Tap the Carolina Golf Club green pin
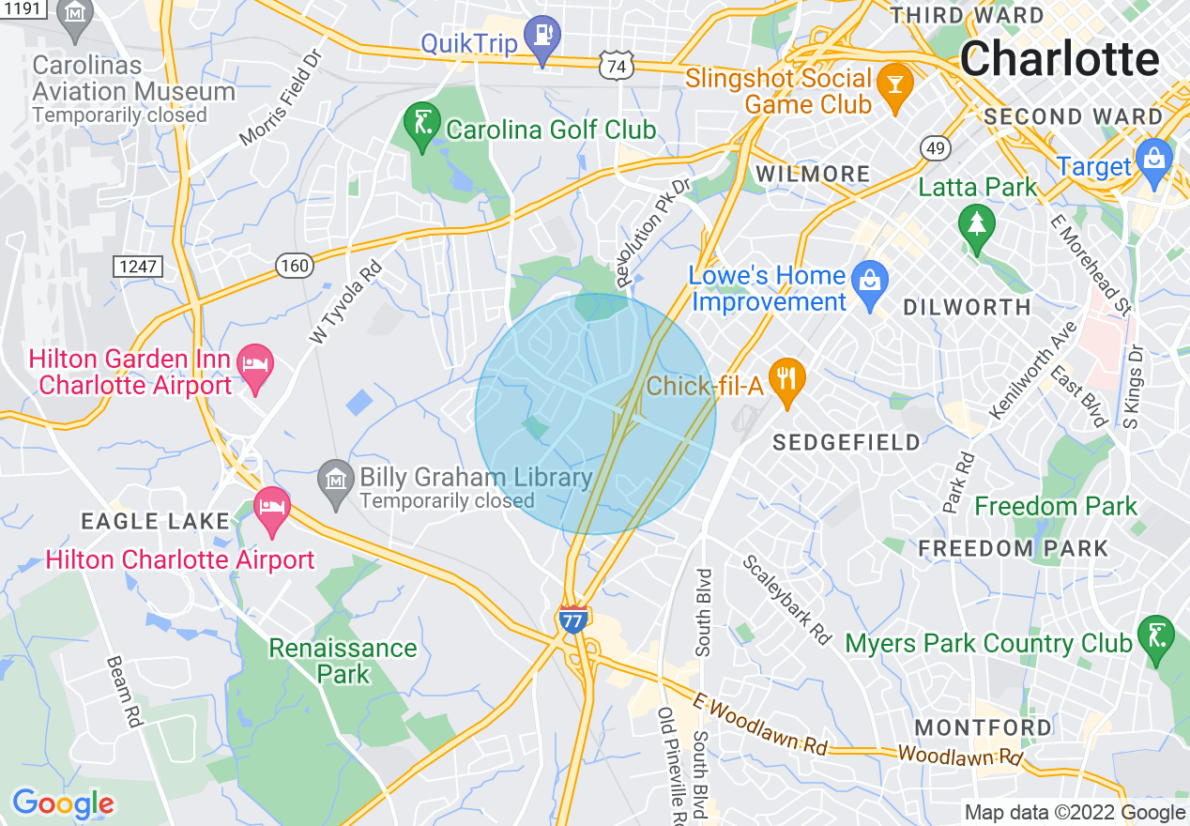[x=421, y=126]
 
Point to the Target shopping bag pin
[x=1153, y=161]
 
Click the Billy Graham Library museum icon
[x=336, y=482]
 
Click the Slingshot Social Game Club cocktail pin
[x=894, y=87]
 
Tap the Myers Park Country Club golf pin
[x=1152, y=637]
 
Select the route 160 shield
[x=294, y=267]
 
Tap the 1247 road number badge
[x=137, y=267]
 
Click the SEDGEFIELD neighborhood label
[x=847, y=443]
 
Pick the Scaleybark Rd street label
[x=787, y=599]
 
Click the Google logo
[x=63, y=803]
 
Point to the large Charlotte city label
[x=1060, y=60]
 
